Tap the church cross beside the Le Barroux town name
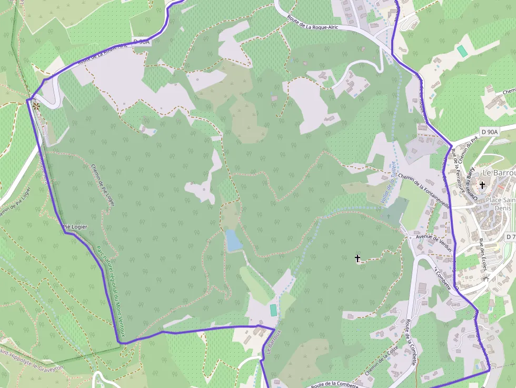pyautogui.click(x=482, y=185)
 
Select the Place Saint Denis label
pyautogui.click(x=500, y=204)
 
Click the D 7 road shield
pyautogui.click(x=510, y=237)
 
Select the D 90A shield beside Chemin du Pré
pyautogui.click(x=489, y=132)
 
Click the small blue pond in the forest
pyautogui.click(x=233, y=240)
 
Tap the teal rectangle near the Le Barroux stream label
pyautogui.click(x=273, y=310)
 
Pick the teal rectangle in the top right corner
pyautogui.click(x=462, y=51)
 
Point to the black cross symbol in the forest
pyautogui.click(x=358, y=258)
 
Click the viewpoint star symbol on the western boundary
pyautogui.click(x=36, y=106)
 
